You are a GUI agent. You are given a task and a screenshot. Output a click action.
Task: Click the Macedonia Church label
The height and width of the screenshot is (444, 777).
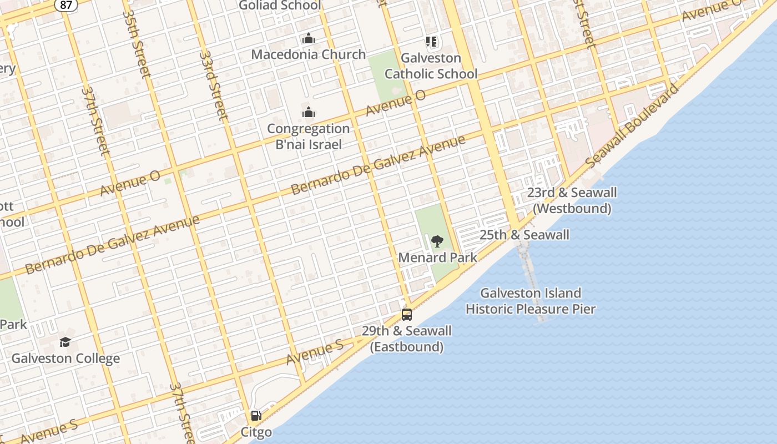tap(308, 54)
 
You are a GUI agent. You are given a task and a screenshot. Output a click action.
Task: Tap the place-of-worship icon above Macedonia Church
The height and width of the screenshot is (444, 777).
tap(308, 39)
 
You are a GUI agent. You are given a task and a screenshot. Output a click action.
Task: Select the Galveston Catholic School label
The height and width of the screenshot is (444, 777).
tap(431, 65)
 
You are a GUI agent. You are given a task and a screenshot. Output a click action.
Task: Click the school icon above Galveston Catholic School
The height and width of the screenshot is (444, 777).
tap(431, 41)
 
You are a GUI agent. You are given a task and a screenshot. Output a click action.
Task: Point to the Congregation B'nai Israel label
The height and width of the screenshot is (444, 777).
tap(308, 137)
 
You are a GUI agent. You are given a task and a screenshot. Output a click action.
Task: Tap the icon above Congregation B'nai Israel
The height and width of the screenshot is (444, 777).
tap(308, 113)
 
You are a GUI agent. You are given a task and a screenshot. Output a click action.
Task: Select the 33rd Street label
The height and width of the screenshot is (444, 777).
tap(214, 86)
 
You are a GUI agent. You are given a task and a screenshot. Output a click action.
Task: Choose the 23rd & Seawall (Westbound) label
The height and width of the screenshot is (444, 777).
tap(572, 200)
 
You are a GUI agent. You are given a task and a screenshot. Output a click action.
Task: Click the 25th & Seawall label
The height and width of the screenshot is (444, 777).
tap(524, 235)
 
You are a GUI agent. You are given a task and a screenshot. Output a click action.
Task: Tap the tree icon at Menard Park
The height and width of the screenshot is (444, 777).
tap(437, 241)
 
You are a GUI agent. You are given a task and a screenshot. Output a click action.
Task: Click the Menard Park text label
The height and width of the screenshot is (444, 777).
tap(437, 258)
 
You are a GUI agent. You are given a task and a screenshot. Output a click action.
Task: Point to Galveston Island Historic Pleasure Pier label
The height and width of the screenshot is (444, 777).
tap(530, 301)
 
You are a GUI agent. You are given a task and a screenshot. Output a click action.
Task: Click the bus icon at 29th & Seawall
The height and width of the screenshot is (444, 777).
tap(407, 315)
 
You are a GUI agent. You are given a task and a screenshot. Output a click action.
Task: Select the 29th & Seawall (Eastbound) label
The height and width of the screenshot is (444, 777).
tap(406, 339)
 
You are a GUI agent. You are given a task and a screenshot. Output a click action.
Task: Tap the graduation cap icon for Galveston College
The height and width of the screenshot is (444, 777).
tap(65, 342)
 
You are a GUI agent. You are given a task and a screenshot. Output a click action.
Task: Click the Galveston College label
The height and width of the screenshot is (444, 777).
tap(65, 359)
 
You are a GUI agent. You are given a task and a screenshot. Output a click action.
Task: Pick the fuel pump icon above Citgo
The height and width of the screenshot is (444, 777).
tap(256, 416)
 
